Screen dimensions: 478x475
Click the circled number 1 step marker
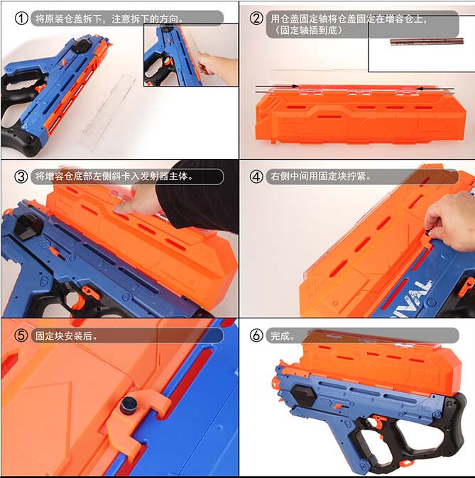click(x=22, y=18)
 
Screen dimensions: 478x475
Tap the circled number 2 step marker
click(x=256, y=18)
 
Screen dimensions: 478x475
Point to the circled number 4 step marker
click(x=256, y=176)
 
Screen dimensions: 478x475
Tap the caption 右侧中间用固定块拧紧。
click(x=320, y=176)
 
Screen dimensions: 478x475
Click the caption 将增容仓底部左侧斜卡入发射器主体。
click(x=114, y=176)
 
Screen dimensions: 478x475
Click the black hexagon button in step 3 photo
click(x=31, y=226)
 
